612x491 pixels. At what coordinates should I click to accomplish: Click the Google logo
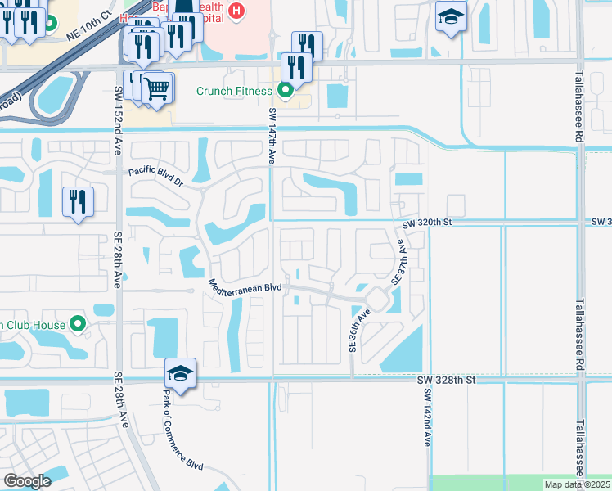pos(27,481)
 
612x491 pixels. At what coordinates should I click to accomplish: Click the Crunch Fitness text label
pos(234,91)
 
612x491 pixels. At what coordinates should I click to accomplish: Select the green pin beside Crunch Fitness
pos(286,90)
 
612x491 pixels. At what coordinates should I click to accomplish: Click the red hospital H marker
pos(236,11)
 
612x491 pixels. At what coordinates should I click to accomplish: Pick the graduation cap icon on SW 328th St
pos(180,375)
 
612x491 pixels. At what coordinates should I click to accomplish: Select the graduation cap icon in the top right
pos(450,17)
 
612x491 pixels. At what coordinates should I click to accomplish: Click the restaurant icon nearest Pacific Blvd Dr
pos(79,201)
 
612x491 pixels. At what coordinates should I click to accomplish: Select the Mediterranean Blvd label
pos(245,288)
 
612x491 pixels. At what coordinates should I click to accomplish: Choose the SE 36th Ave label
pos(353,330)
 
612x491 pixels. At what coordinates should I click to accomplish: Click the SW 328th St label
pos(448,380)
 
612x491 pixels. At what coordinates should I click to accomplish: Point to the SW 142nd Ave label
pos(426,417)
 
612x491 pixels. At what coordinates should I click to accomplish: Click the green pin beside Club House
pos(79,324)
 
